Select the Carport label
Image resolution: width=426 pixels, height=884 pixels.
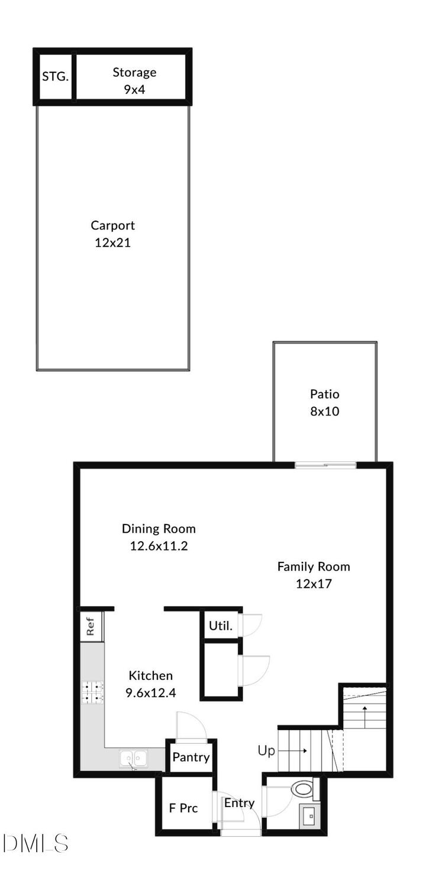click(x=112, y=225)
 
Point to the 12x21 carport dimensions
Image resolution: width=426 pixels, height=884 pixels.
click(x=112, y=242)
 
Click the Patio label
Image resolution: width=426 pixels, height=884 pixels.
click(x=324, y=394)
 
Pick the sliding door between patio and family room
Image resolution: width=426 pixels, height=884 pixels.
click(x=325, y=465)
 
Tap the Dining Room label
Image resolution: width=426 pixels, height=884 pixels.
click(x=159, y=529)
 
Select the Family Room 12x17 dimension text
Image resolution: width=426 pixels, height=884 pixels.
click(x=314, y=584)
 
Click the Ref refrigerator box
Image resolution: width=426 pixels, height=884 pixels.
click(x=91, y=626)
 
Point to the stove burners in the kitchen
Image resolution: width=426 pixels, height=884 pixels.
click(x=92, y=692)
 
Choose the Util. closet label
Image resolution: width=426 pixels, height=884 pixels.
click(x=220, y=626)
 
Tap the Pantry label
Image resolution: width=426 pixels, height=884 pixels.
click(x=191, y=757)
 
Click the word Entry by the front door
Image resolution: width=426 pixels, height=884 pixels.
click(x=239, y=803)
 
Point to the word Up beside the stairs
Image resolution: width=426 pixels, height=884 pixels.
click(x=266, y=751)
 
